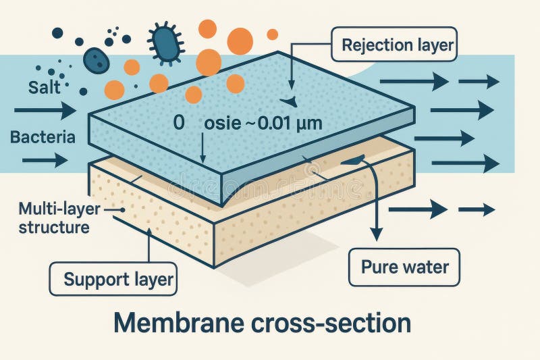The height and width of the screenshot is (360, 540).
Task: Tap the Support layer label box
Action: coord(114,279)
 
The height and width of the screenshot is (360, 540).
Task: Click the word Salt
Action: coord(44,87)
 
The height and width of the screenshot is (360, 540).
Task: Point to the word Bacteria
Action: coord(43,137)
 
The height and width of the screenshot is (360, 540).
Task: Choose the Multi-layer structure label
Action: coord(53,217)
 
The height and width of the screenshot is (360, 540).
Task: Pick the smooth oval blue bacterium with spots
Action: coord(97,61)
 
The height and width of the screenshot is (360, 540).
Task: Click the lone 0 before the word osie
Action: coord(179,124)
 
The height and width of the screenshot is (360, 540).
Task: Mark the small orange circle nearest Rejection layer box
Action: coord(272,34)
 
